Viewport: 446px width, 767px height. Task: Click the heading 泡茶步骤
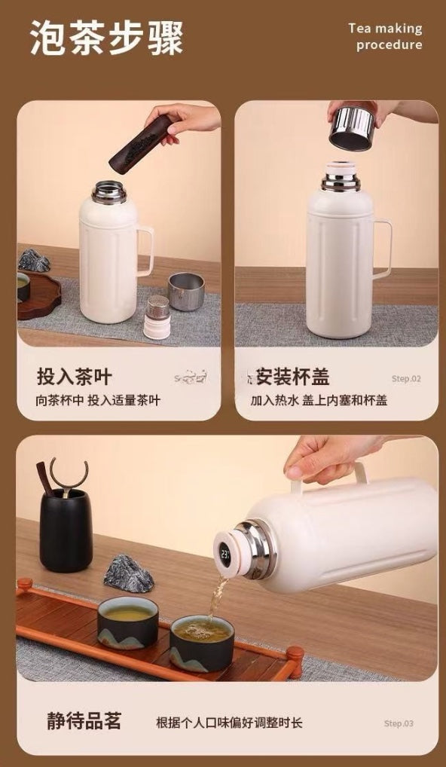[107, 38]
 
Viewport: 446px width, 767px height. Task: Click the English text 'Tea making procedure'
[386, 37]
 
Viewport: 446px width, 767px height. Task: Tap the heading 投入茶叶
[75, 377]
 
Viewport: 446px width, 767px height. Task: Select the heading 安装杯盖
[293, 377]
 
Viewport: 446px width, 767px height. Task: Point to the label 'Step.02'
[406, 379]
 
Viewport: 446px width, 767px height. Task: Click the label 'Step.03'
[399, 723]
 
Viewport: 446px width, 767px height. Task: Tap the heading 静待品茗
[84, 721]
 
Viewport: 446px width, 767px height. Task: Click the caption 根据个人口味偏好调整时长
[229, 723]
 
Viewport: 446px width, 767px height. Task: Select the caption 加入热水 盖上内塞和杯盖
[319, 401]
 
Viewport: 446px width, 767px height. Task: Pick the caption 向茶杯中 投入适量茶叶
[98, 401]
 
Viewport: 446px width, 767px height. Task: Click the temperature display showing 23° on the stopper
[225, 555]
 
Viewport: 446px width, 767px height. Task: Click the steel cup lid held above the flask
[352, 128]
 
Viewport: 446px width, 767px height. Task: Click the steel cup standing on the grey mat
[186, 292]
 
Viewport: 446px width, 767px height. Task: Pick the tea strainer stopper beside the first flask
[157, 317]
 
